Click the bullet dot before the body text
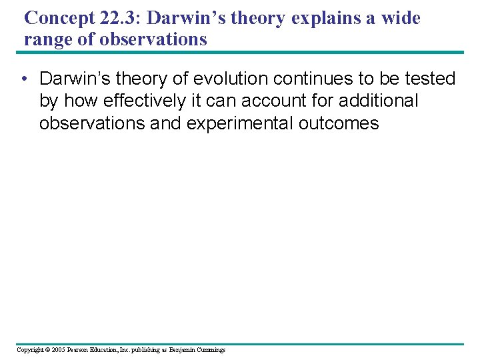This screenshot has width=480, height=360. [24, 79]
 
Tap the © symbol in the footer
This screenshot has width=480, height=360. [48, 349]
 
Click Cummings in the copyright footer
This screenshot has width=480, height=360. [211, 349]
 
